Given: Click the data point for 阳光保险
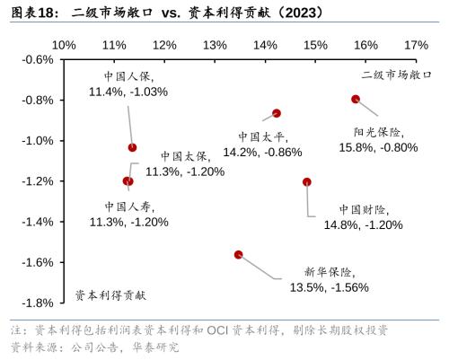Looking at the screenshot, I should coord(356,99).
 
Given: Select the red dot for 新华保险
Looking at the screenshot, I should coord(238,254).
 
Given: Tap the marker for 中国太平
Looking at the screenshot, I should coord(277,113).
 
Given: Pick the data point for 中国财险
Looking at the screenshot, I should coord(307,181).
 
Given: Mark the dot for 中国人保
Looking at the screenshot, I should coord(133,147).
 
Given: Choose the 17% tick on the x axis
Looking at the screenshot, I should coord(416,44).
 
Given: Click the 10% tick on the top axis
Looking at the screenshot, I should coord(64,44).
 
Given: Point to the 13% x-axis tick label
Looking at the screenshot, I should coord(215,44).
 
